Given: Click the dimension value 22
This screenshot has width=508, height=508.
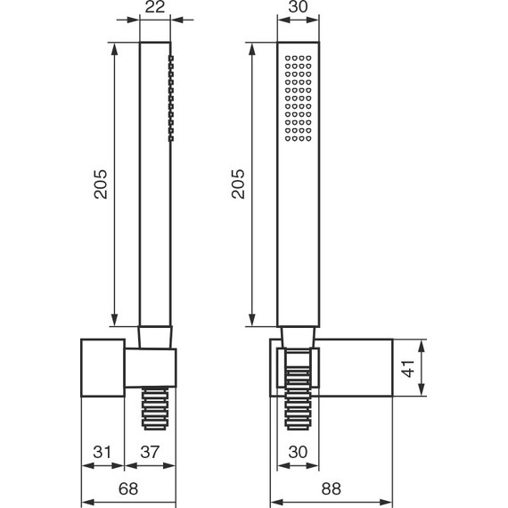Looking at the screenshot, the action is [x=155, y=7].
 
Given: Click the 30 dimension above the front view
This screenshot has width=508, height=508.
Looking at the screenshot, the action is [x=298, y=7].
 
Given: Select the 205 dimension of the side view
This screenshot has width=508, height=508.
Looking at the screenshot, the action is [x=101, y=184].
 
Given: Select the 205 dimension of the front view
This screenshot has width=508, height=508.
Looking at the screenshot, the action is [x=238, y=184].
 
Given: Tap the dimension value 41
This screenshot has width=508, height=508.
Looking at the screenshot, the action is [x=408, y=368].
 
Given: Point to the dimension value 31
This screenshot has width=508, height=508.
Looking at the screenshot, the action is [x=102, y=452].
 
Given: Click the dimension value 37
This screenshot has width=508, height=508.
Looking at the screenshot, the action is [x=150, y=452].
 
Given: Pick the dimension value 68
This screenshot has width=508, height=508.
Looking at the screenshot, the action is [x=128, y=488].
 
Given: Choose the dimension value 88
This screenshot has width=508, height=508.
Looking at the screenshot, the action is [x=332, y=488].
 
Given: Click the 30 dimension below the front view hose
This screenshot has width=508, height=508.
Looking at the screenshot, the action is [x=298, y=452].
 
